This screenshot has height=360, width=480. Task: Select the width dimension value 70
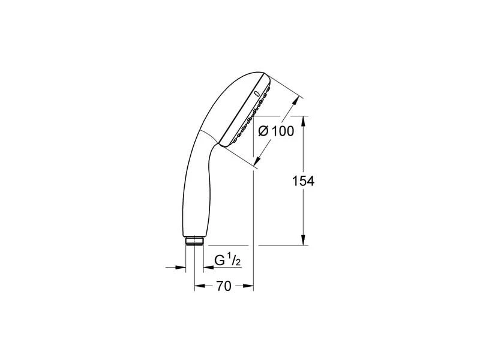[x=223, y=287]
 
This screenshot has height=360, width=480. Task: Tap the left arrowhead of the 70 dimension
[x=199, y=287]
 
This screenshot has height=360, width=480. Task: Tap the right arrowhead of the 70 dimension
[x=250, y=287]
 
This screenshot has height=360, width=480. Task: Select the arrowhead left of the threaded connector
[x=180, y=266]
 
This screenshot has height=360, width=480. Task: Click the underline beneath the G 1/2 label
[x=228, y=267]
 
